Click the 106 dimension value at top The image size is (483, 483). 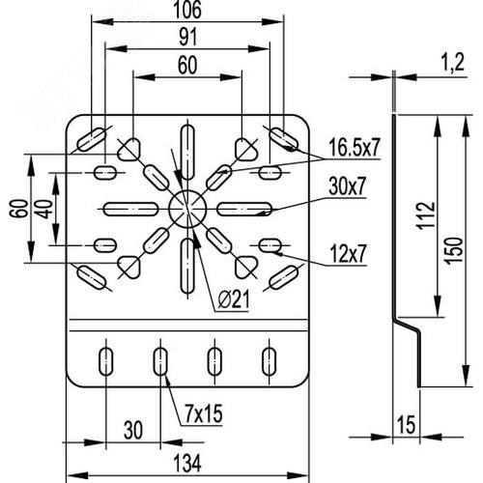coord(187,10)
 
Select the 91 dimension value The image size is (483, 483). coord(187,37)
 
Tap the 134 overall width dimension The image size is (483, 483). coord(187,464)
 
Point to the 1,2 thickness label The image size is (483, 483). coord(452,63)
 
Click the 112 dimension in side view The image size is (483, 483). coord(426,215)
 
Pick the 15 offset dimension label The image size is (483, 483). coord(407,425)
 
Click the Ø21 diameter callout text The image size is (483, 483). coord(234,300)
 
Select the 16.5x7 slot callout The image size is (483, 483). coord(355,148)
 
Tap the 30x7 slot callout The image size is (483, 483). coord(348,186)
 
